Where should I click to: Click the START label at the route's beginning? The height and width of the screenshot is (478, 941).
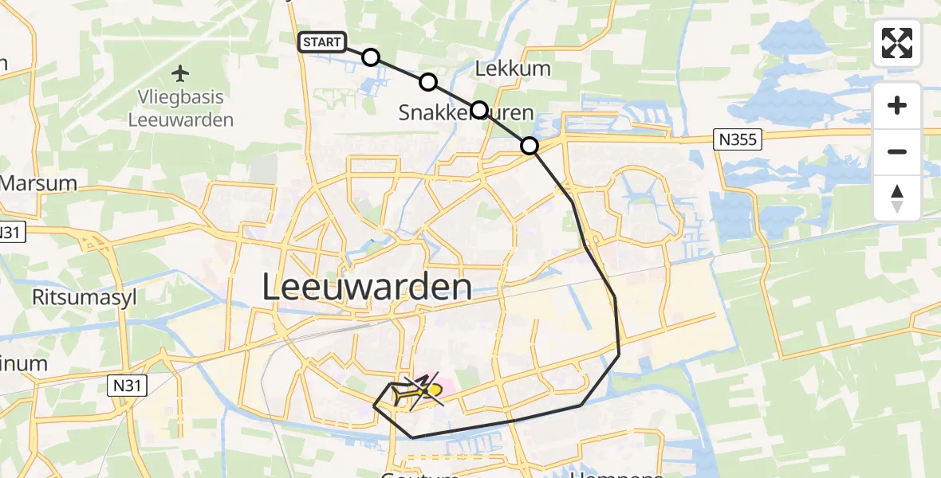point(322,42)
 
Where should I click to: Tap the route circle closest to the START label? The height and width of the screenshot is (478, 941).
point(370,57)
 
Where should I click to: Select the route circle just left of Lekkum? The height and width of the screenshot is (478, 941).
point(428,81)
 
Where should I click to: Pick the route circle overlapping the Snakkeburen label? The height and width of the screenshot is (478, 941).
point(478,109)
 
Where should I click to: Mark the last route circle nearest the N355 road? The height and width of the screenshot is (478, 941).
point(530,146)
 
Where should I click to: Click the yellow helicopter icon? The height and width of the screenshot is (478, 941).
point(417,390)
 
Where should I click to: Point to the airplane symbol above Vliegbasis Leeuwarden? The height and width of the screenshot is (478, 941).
point(181,74)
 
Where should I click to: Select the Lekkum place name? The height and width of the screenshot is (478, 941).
point(513,69)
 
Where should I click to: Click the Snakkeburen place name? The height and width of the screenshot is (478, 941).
point(466,113)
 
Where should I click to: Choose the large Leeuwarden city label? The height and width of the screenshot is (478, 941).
point(366,288)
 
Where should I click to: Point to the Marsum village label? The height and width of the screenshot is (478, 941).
point(38,183)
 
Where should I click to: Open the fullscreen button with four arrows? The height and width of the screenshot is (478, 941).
point(897,43)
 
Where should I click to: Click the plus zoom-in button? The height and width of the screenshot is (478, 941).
point(897,105)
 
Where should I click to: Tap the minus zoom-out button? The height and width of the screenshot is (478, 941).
point(897,151)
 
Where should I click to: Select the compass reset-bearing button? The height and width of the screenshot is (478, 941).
point(897,198)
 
